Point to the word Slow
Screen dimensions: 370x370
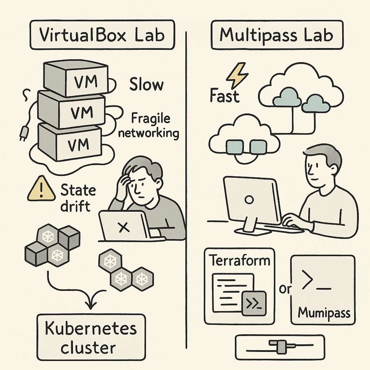coord(146,85)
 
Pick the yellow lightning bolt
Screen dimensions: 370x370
coord(237,76)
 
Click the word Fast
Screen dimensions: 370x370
coord(224,96)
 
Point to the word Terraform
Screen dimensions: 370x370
coord(240,261)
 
